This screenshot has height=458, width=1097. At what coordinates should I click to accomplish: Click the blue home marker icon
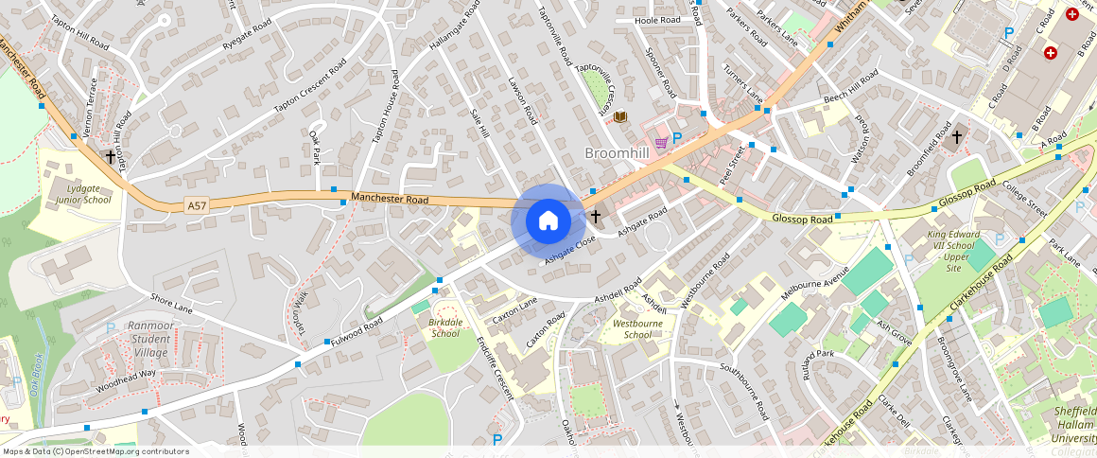pos(548,221)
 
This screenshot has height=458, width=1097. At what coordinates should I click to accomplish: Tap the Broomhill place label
pos(617,153)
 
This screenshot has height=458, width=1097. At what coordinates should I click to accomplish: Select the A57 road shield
pos(197,205)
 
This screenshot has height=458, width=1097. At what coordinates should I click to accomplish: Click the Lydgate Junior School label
pos(83,194)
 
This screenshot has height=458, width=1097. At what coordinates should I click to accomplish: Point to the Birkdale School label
pos(445,327)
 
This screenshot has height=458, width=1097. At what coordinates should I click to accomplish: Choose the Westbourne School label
pos(637,329)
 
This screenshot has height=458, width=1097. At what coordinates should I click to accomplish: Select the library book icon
pos(620,117)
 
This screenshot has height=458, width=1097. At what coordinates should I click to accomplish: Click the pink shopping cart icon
pos(661,142)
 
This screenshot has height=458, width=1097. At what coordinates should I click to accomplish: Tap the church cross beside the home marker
pos(596,217)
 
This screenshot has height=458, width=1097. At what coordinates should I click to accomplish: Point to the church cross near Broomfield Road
pos(957,137)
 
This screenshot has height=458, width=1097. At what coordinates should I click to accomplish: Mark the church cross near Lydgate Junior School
pos(111,156)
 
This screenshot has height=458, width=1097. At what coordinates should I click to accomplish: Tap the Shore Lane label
pos(171,306)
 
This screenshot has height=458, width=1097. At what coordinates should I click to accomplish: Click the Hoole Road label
pos(657,20)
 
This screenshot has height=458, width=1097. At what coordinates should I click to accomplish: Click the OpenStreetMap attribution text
pos(95,451)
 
